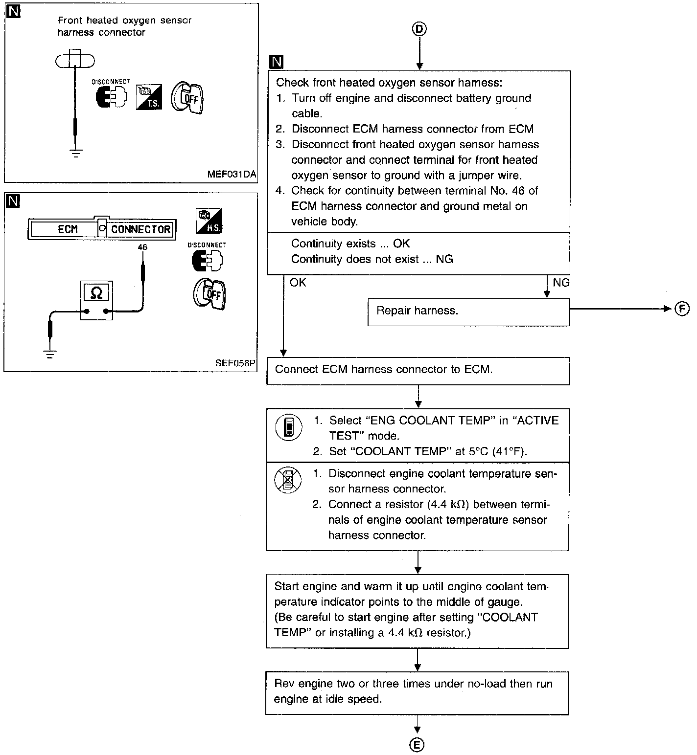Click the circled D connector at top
pyautogui.click(x=419, y=29)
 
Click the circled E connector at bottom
pyautogui.click(x=417, y=744)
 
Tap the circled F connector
pyautogui.click(x=682, y=309)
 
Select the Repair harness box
pyautogui.click(x=468, y=311)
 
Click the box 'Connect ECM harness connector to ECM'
pyautogui.click(x=418, y=370)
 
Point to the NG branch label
pyautogui.click(x=561, y=283)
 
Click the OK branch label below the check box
pyautogui.click(x=298, y=283)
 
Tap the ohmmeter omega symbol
pyautogui.click(x=96, y=293)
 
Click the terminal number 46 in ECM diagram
pyautogui.click(x=142, y=247)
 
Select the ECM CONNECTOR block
pyautogui.click(x=102, y=229)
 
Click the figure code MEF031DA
pyautogui.click(x=232, y=175)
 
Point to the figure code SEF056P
pyautogui.click(x=235, y=363)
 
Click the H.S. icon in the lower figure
pyautogui.click(x=209, y=221)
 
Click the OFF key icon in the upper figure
pyautogui.click(x=187, y=98)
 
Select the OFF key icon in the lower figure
pyautogui.click(x=210, y=293)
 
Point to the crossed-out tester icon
pyautogui.click(x=287, y=479)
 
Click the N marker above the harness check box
pyautogui.click(x=277, y=62)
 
